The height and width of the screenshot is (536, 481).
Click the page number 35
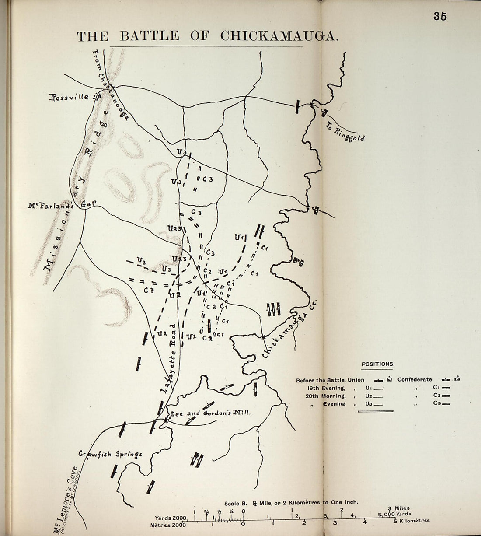[439, 16]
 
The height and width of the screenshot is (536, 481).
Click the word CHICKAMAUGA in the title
[280, 36]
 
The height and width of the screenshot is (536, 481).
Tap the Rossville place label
[69, 97]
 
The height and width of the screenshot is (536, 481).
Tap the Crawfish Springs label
[110, 454]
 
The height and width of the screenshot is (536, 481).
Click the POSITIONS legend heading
[378, 364]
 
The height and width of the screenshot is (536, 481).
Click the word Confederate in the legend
[415, 380]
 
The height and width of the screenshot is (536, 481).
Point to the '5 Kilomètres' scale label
[412, 521]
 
